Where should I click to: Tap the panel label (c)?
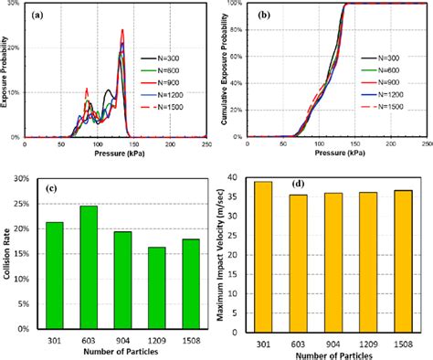pos(54,189)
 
